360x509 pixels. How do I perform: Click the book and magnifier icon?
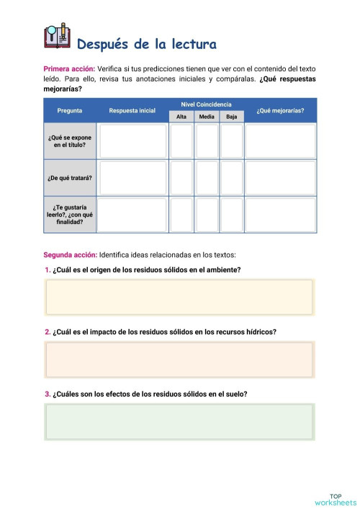point(57,36)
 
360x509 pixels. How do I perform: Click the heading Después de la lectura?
point(146,45)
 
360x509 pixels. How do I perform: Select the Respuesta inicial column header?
point(132,111)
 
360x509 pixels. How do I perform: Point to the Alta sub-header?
point(181,117)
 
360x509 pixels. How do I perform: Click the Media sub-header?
point(207,117)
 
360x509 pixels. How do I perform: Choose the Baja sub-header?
point(231,117)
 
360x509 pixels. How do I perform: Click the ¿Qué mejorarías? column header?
point(280,111)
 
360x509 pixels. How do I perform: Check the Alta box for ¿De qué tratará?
point(181,178)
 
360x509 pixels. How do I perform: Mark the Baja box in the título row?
point(231,141)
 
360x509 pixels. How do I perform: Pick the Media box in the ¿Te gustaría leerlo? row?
point(207,215)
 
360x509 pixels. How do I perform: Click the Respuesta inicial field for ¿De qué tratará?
point(132,178)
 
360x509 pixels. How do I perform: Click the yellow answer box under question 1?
point(179,297)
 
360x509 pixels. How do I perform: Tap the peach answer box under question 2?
point(179,359)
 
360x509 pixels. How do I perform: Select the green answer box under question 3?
point(179,421)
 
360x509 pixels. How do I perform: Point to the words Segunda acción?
point(70,255)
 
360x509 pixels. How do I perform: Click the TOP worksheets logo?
point(336,499)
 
